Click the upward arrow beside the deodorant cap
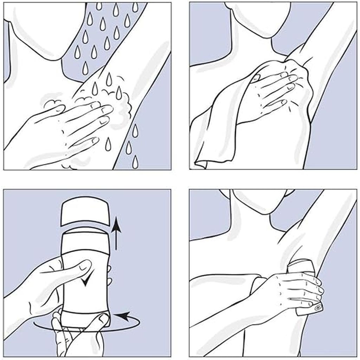117,232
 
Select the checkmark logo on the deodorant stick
85,279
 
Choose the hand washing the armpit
70,127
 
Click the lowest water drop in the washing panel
135,162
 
